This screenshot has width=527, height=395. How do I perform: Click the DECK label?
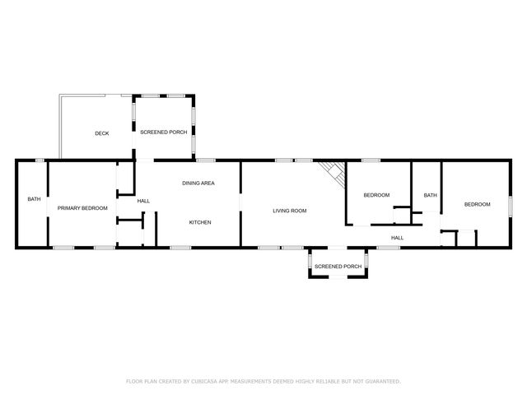pyautogui.click(x=101, y=133)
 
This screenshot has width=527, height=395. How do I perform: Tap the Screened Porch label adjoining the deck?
pyautogui.click(x=163, y=132)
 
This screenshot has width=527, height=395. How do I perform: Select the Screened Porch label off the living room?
pyautogui.click(x=338, y=267)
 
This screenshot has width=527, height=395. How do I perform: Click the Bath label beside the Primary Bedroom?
pyautogui.click(x=34, y=199)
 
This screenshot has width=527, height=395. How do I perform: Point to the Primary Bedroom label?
pyautogui.click(x=82, y=208)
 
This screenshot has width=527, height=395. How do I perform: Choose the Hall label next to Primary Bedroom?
pyautogui.click(x=143, y=202)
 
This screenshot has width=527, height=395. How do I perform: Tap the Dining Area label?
pyautogui.click(x=198, y=183)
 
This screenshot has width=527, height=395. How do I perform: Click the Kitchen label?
pyautogui.click(x=201, y=222)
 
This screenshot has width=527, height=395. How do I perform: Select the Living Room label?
pyautogui.click(x=290, y=211)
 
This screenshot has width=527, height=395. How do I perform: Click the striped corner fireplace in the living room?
pyautogui.click(x=332, y=172)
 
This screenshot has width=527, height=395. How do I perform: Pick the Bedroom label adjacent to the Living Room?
pyautogui.click(x=376, y=195)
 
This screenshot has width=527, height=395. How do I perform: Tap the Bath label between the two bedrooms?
pyautogui.click(x=430, y=195)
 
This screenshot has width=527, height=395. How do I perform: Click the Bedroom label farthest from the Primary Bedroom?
pyautogui.click(x=477, y=204)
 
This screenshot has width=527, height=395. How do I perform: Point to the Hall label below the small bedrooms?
pyautogui.click(x=397, y=238)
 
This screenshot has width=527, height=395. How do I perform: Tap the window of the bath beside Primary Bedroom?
pyautogui.click(x=39, y=160)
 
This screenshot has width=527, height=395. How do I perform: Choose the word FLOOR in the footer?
pyautogui.click(x=134, y=382)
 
